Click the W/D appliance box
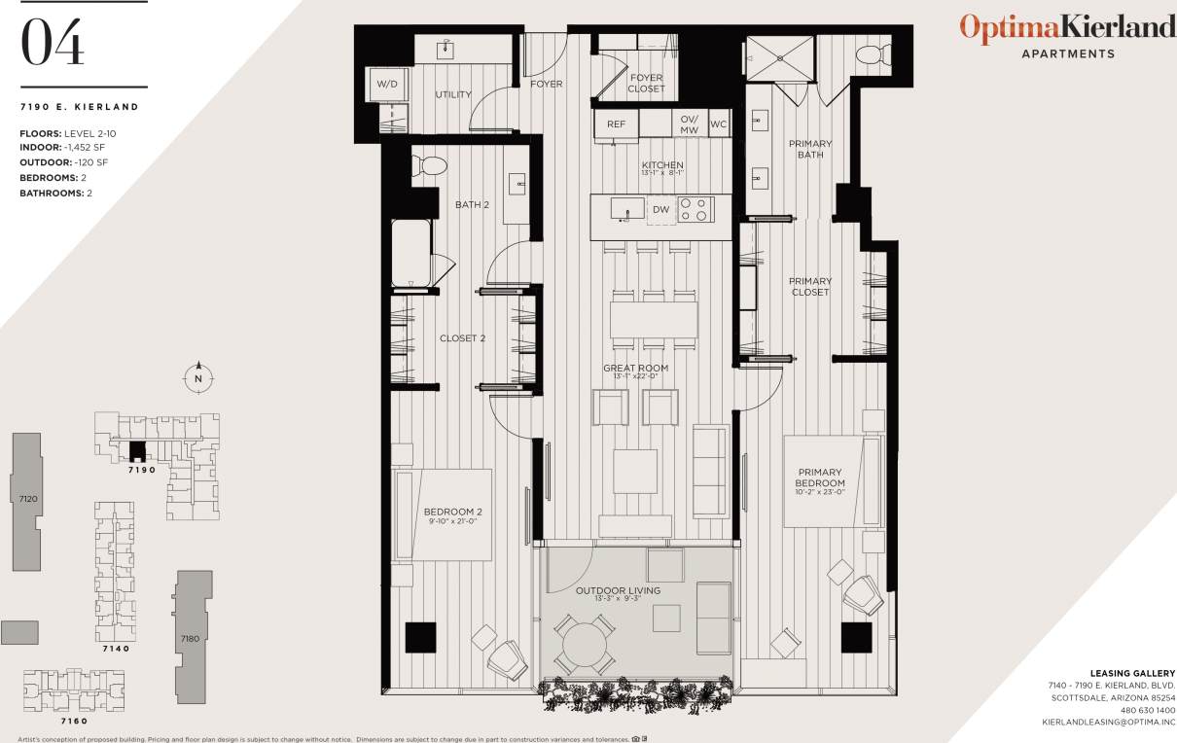point(386,85)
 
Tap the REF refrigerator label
point(617,124)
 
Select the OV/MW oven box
point(690,124)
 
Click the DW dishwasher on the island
point(660,209)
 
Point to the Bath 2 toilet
point(429,166)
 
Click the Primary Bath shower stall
point(778,56)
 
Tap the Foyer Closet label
point(646,84)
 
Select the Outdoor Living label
point(618,590)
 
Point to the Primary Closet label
point(810,287)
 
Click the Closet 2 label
point(462,338)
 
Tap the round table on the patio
point(585,644)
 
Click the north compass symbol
point(198,377)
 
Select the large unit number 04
point(53,43)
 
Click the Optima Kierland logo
point(1067,29)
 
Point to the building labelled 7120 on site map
point(27,500)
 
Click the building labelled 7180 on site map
point(190,637)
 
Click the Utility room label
point(453,95)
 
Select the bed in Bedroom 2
point(443,514)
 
